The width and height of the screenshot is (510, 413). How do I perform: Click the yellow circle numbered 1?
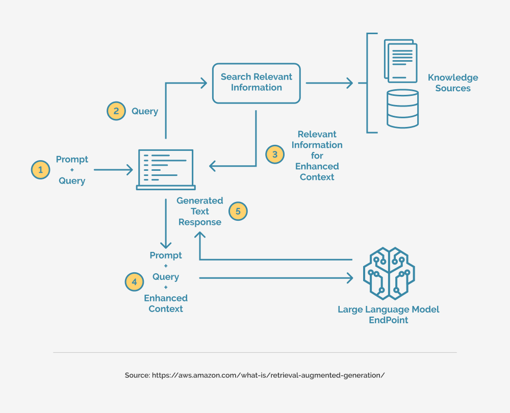click(x=41, y=170)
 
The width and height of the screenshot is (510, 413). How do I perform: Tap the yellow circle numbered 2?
click(x=116, y=111)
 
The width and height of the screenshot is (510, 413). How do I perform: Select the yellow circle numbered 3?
click(x=275, y=154)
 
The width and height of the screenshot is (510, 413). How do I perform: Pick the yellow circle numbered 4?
click(x=135, y=282)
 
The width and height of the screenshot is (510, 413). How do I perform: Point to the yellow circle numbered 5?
click(x=238, y=211)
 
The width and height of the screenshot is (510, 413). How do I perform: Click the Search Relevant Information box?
click(x=256, y=82)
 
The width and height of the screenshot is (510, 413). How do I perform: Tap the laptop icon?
click(x=165, y=170)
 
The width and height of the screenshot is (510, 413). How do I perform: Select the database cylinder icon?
click(x=402, y=109)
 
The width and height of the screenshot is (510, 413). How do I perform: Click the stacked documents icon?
click(x=401, y=62)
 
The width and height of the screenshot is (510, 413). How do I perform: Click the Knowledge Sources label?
click(x=452, y=83)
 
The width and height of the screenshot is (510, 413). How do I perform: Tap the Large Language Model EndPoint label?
click(x=388, y=315)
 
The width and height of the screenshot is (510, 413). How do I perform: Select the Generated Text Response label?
click(x=199, y=211)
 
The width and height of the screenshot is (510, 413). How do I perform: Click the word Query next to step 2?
click(x=145, y=111)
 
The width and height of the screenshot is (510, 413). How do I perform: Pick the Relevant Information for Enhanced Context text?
click(x=317, y=156)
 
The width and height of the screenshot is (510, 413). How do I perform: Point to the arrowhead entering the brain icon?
click(x=349, y=278)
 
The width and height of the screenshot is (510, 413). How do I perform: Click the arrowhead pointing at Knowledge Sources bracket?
click(x=350, y=83)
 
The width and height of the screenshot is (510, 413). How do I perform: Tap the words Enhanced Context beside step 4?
click(x=166, y=303)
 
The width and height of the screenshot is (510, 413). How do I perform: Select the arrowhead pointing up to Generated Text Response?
click(x=200, y=235)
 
